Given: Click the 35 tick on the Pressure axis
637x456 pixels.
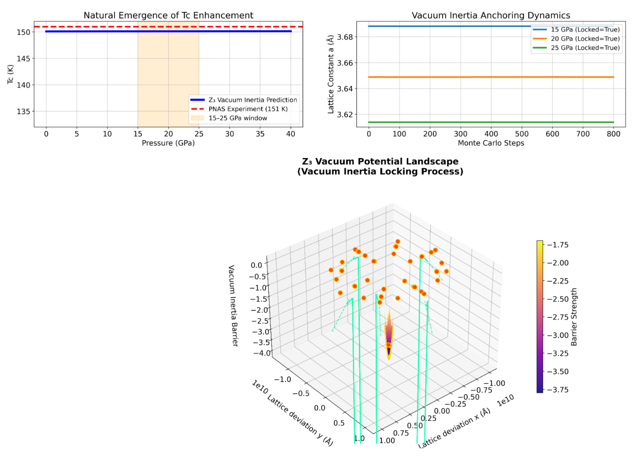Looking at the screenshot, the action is click(x=260, y=134).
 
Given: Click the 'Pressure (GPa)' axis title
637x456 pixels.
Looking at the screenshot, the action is click(x=168, y=143).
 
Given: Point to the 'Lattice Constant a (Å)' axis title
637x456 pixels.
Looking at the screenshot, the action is click(x=331, y=74).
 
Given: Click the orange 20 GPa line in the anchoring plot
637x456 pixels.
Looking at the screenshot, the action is click(x=491, y=77).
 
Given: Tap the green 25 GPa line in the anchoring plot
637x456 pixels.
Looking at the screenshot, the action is click(x=491, y=122).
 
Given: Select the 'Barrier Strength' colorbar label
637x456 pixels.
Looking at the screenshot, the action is click(x=574, y=317).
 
